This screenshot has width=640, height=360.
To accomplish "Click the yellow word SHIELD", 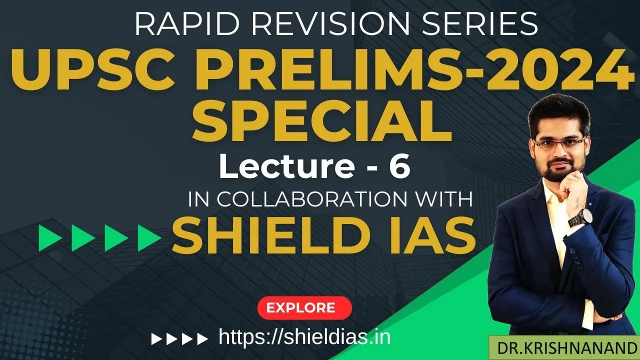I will click(267, 237).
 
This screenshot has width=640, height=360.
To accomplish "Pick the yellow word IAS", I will click(427, 237).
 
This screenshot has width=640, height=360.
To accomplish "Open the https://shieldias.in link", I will click(304, 337).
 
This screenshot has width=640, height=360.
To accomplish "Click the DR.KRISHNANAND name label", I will click(563, 347).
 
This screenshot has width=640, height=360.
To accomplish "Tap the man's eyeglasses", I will click(558, 143).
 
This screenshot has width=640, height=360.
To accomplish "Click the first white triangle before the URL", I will click(155, 339).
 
